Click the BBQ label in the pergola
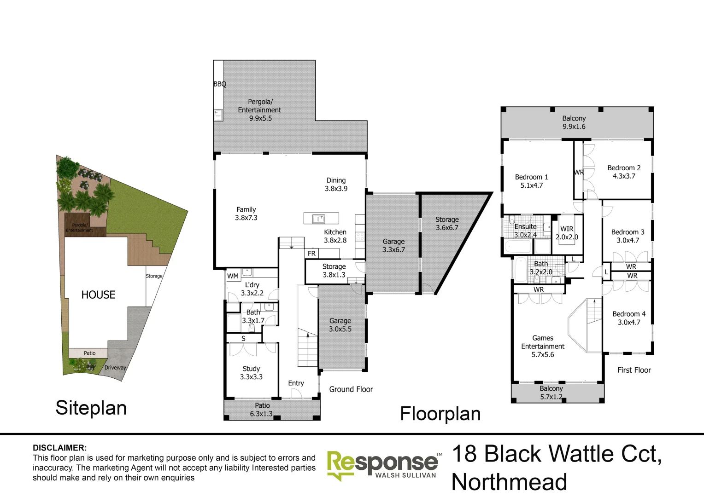[220, 84]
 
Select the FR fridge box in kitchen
[312, 254]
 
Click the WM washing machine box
[233, 276]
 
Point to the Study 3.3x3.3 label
[251, 373]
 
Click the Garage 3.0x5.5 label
[340, 325]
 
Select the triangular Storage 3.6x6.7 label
[447, 224]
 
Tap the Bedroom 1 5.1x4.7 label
[532, 181]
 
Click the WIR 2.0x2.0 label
[567, 233]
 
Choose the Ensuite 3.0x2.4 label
[525, 231]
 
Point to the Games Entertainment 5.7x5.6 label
[543, 346]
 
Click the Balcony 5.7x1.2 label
[551, 393]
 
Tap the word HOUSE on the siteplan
[98, 295]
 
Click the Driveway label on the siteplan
[115, 368]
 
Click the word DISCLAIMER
[59, 448]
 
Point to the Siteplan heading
[91, 408]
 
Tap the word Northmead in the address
[509, 482]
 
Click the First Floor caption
[634, 370]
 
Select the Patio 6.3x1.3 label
[262, 410]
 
